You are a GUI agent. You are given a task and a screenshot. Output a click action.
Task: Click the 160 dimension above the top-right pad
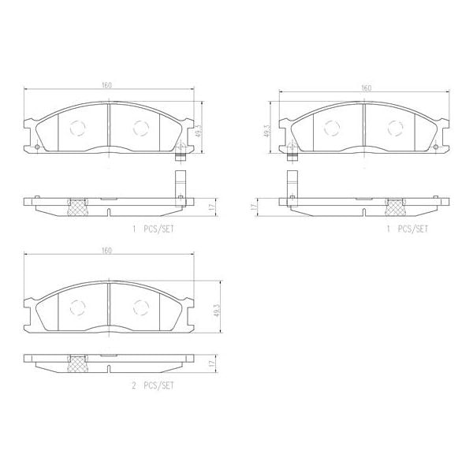[x=366, y=88]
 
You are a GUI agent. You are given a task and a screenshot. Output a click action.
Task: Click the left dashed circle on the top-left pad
[x=77, y=127]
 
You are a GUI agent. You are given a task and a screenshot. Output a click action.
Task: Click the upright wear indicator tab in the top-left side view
[x=180, y=181]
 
